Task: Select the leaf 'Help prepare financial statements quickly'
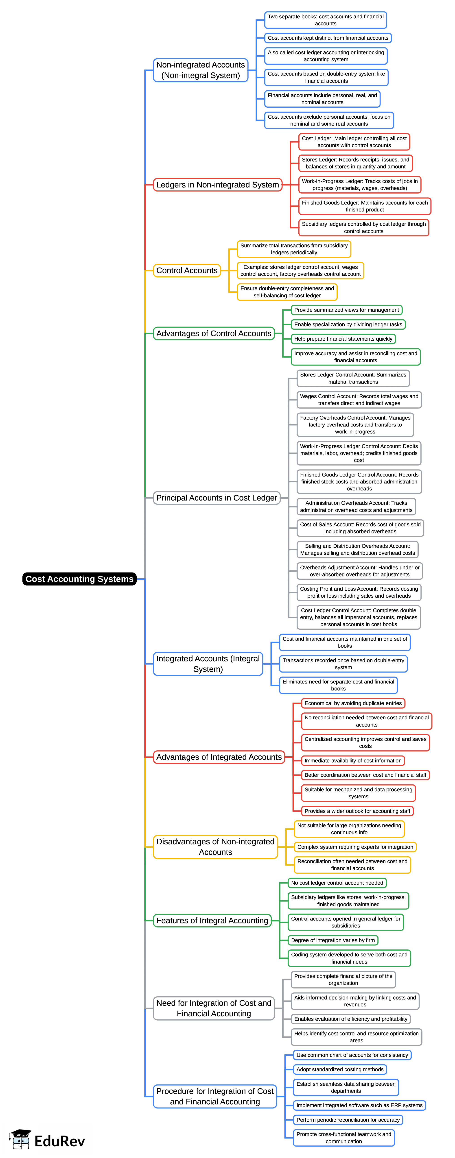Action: tap(343, 339)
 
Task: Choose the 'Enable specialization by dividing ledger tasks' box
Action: tap(348, 324)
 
